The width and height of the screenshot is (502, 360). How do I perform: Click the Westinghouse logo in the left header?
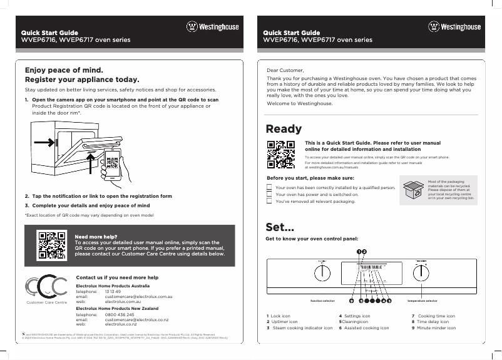tap(213, 27)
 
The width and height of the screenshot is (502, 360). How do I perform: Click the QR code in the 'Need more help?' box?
tap(51, 245)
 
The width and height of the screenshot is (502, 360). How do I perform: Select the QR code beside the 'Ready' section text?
tap(280, 155)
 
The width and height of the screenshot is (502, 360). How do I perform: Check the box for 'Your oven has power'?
tap(269, 194)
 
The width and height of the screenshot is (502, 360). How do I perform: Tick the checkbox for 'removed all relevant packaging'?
tap(269, 202)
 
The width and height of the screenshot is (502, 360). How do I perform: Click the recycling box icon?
tap(413, 190)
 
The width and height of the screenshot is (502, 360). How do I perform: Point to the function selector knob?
tap(323, 274)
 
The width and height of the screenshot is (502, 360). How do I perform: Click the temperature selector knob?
tap(422, 274)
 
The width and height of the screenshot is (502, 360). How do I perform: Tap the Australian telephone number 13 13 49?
tap(113, 292)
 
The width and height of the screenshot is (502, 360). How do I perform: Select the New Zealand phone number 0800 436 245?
tap(120, 315)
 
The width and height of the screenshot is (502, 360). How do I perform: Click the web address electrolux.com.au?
tap(122, 301)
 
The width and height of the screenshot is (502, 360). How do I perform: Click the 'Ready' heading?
tap(284, 129)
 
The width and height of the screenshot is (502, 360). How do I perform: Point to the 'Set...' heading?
tap(280, 226)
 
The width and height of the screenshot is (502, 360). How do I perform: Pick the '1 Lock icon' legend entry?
tap(279, 316)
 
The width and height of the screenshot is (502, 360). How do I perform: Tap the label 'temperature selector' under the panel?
tap(422, 301)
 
